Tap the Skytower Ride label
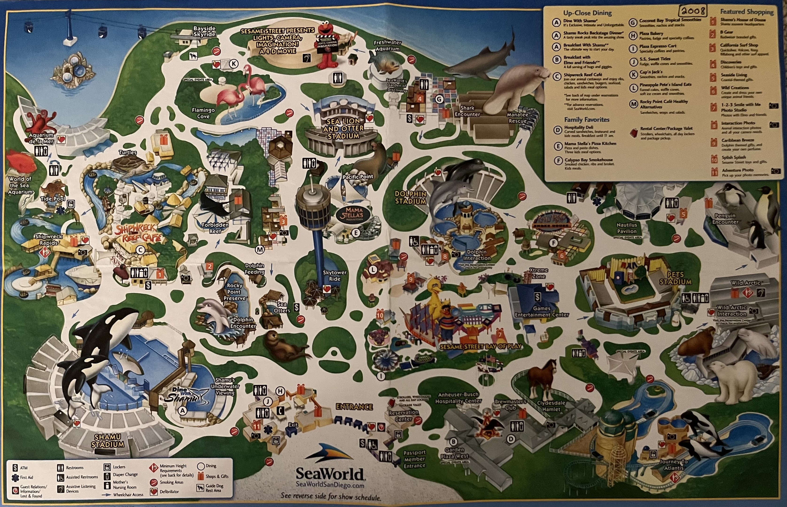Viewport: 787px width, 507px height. pyautogui.click(x=334, y=276)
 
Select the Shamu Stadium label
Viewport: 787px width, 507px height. pyautogui.click(x=108, y=441)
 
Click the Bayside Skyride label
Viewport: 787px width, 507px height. pyautogui.click(x=204, y=31)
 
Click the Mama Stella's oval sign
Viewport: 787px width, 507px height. pyautogui.click(x=354, y=214)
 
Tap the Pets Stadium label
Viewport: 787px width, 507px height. pyautogui.click(x=675, y=278)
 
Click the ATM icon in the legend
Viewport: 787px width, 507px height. pyautogui.click(x=15, y=468)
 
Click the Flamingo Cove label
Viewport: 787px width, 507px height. pyautogui.click(x=203, y=113)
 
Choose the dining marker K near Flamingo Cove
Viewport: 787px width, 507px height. pyautogui.click(x=233, y=64)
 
